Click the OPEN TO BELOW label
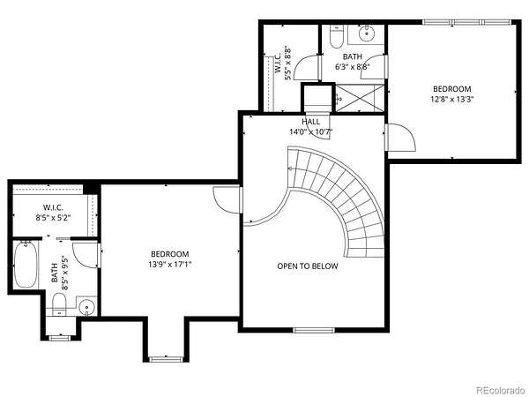click(308, 266)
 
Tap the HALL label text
click(310, 122)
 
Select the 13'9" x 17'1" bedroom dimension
click(169, 265)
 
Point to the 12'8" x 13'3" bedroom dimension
click(452, 99)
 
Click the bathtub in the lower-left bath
click(26, 265)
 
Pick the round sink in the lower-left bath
click(87, 308)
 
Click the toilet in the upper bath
click(336, 37)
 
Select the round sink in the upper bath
click(367, 34)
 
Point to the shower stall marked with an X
click(360, 98)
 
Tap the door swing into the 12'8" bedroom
click(401, 138)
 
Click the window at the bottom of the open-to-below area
click(314, 330)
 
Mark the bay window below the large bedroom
click(166, 359)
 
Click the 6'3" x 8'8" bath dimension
click(353, 67)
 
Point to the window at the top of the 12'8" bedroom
click(466, 22)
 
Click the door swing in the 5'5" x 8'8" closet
click(305, 68)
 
